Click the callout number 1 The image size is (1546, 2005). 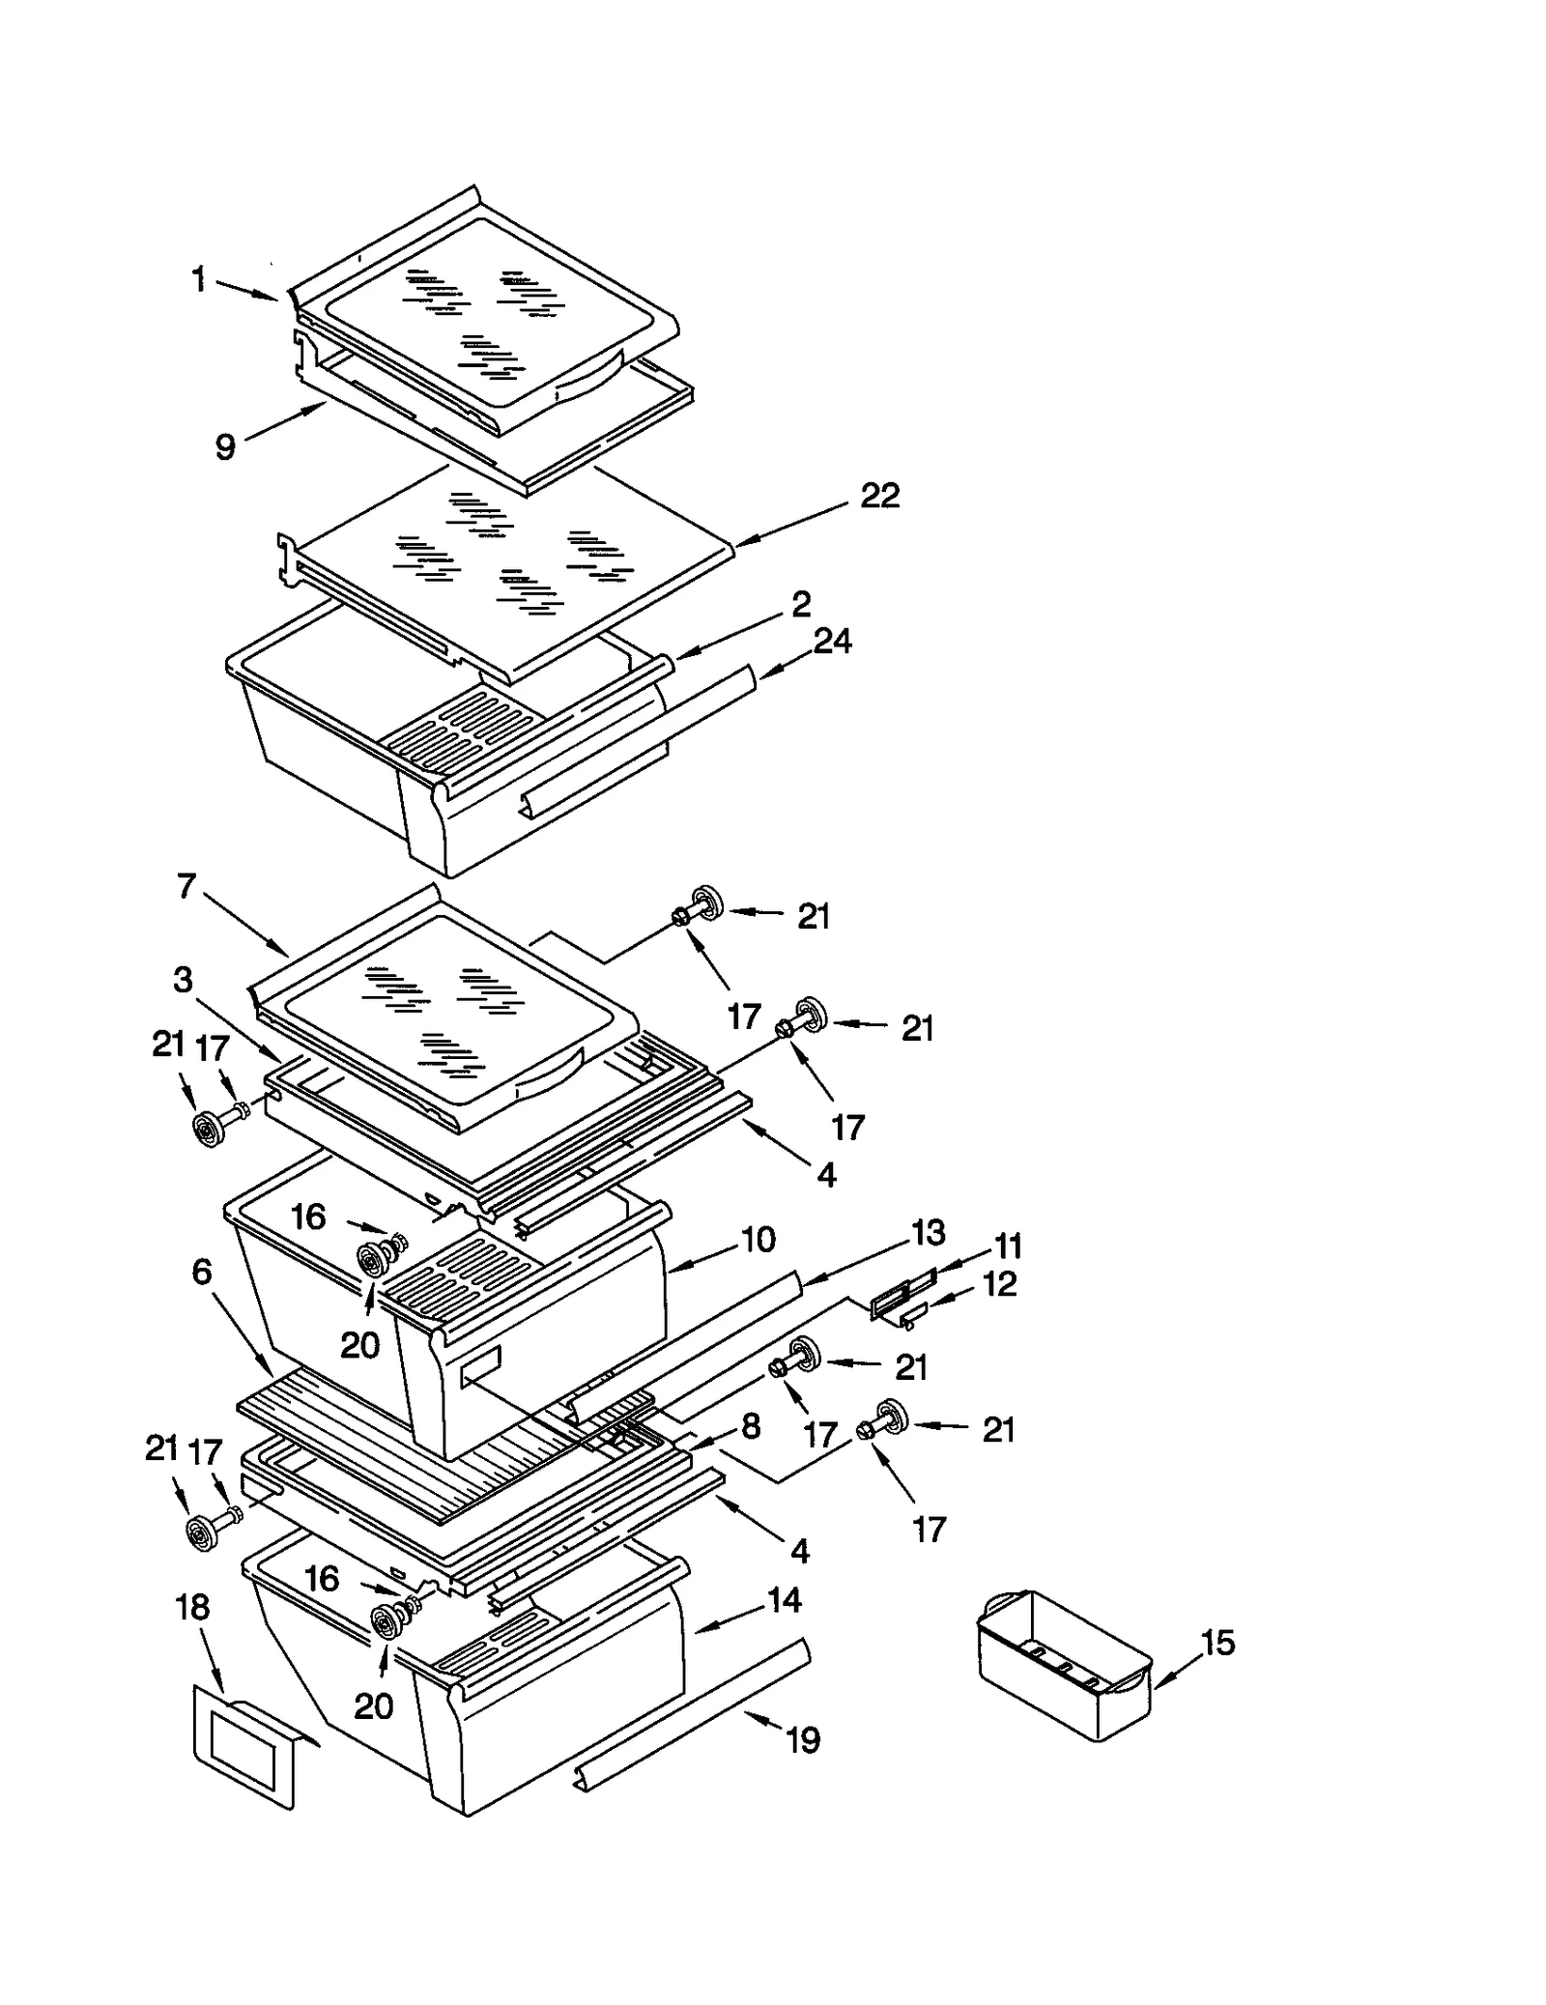(198, 280)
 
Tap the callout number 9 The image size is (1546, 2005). (224, 447)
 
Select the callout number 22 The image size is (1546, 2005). (879, 496)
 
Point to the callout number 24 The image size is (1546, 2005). (832, 641)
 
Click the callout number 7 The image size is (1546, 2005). (186, 886)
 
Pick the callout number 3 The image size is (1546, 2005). (183, 980)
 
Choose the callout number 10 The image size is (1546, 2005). (759, 1239)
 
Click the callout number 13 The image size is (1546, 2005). (928, 1232)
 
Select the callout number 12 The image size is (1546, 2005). (999, 1284)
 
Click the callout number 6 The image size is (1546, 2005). (201, 1272)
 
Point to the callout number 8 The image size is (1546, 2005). (751, 1425)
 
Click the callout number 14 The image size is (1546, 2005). (785, 1601)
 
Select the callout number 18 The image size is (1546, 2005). (192, 1607)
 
